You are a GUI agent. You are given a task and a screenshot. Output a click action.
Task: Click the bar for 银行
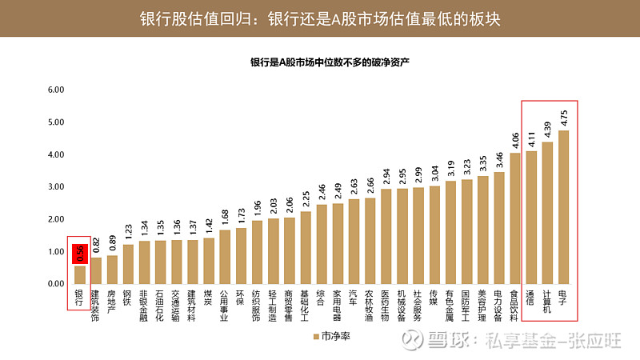(x=80, y=274)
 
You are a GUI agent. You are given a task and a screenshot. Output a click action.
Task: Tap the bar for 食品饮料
(x=515, y=218)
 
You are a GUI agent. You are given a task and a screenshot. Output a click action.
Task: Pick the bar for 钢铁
(x=128, y=264)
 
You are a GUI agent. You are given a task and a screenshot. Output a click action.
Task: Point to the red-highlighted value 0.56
(x=80, y=254)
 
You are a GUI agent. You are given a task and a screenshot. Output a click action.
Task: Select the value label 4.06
(x=515, y=140)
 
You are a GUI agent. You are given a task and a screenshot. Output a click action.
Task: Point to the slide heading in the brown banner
(x=320, y=18)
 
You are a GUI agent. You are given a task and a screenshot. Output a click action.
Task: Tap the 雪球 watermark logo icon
(x=414, y=341)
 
